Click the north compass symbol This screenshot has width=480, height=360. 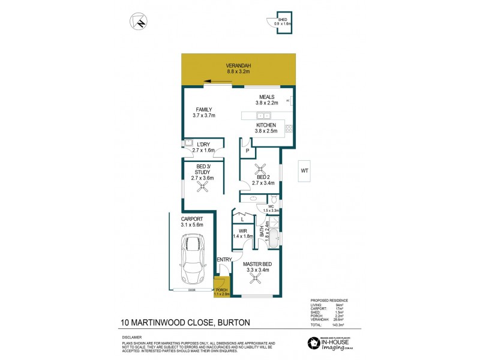click(139, 22)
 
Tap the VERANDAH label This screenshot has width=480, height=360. click(238, 68)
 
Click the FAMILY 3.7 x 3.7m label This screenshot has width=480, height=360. click(203, 112)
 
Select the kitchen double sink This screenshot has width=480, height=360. click(263, 115)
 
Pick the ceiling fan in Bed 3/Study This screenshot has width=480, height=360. click(203, 187)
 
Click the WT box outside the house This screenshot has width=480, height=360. click(305, 171)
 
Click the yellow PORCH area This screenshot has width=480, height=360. click(221, 286)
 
